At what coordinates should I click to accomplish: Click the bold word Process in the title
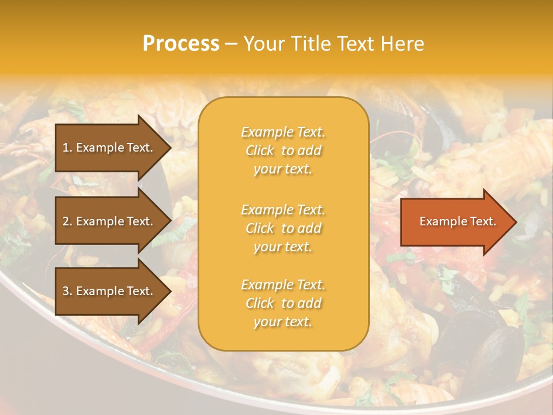(181, 44)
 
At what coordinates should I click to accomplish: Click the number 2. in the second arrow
(67, 221)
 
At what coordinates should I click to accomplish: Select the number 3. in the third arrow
(67, 291)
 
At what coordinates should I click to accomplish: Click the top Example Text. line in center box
(283, 132)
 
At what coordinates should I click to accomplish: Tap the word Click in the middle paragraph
(259, 228)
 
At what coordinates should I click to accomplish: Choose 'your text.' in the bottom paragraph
(283, 322)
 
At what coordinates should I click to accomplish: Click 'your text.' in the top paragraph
(283, 169)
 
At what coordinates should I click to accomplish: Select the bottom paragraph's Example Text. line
(283, 285)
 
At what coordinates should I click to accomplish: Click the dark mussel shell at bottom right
(495, 346)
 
